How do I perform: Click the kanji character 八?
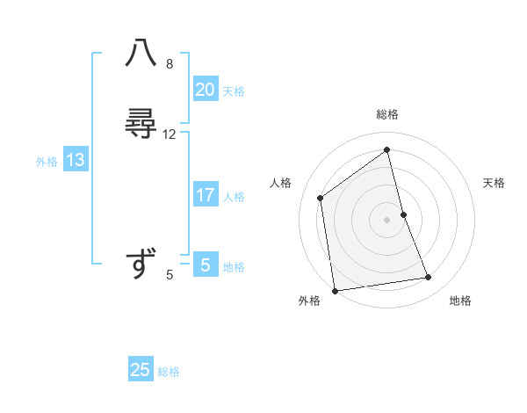(141, 54)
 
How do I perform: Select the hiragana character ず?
(141, 264)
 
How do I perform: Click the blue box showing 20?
(206, 89)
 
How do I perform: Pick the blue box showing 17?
(206, 195)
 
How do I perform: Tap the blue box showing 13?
(76, 160)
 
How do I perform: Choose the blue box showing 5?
(206, 265)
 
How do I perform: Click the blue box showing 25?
(141, 370)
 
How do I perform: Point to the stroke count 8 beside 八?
(170, 63)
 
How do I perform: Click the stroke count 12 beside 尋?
(170, 134)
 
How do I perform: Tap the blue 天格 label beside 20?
(234, 91)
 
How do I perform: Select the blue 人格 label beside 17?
(235, 197)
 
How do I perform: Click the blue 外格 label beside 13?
(47, 162)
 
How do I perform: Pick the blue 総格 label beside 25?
(169, 372)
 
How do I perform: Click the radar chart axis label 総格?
(387, 114)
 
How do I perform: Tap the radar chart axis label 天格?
(495, 183)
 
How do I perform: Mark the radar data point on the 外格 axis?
(335, 290)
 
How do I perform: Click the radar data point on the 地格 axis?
(429, 278)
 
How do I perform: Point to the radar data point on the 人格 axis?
(321, 198)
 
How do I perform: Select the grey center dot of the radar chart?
(386, 219)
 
